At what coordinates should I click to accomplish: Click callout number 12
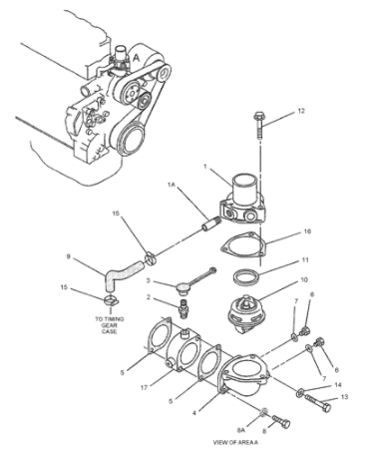301,111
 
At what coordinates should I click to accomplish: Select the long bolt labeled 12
258,125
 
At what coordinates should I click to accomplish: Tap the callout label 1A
172,185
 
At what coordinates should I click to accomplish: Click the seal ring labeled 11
246,277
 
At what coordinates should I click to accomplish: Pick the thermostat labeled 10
244,312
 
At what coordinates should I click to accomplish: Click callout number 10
304,280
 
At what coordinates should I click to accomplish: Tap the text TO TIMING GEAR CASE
110,325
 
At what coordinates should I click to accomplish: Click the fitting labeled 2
183,307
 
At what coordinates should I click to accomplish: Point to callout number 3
149,281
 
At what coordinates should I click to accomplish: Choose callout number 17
144,387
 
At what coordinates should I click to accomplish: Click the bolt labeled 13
317,402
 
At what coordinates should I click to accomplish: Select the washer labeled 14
300,392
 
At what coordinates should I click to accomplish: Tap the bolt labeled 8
281,421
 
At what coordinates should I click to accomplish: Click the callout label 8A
241,430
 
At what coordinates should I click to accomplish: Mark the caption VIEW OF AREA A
235,442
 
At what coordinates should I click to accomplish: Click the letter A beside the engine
136,58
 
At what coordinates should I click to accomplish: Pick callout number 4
193,413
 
